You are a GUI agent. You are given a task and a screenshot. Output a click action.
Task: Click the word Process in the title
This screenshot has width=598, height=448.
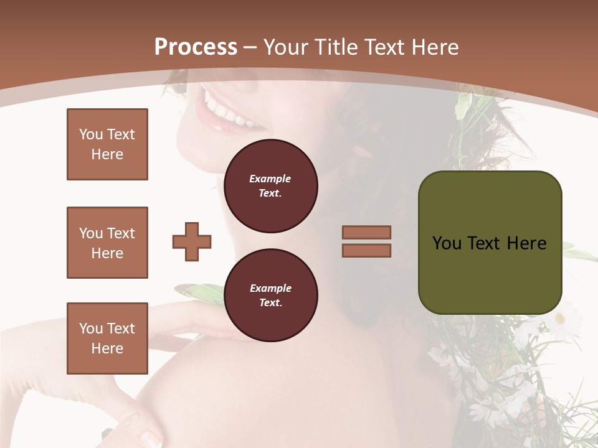196,47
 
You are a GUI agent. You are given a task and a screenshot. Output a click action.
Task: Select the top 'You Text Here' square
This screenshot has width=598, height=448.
107,144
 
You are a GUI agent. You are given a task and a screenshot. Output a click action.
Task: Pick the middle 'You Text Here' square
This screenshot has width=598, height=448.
107,243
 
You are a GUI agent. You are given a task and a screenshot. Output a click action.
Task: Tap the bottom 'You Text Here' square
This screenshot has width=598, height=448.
107,338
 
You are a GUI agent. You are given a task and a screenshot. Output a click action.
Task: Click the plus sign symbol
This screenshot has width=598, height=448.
192,241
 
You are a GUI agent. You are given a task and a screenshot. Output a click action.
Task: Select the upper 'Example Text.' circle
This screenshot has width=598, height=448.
270,186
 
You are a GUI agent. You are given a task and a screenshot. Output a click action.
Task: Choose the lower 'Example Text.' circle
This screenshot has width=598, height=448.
270,296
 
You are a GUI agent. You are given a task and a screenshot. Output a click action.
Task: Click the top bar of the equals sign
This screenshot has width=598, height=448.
366,233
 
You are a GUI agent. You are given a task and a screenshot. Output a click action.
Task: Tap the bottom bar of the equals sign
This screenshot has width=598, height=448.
366,250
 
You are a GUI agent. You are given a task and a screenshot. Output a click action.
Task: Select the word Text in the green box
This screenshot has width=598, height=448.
483,243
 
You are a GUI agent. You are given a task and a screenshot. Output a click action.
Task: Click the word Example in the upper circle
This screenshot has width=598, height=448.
270,179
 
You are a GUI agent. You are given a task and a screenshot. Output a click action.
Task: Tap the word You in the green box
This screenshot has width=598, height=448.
447,243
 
